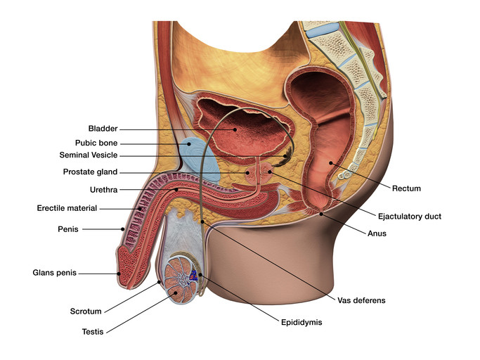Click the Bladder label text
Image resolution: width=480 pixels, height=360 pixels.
point(103,129)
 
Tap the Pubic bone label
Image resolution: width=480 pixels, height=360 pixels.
point(96,143)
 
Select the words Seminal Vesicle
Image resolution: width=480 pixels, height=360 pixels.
point(89,155)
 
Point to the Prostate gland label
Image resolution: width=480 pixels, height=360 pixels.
point(90,172)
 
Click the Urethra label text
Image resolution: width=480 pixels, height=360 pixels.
point(104,190)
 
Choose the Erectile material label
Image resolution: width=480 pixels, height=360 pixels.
point(67,208)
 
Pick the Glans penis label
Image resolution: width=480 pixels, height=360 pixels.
point(55,273)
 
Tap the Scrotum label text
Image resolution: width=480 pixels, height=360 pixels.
point(86,311)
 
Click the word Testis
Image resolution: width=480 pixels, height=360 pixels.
point(93,332)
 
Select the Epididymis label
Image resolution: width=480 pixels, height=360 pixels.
point(301,323)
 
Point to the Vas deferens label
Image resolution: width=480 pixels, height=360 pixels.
point(361,300)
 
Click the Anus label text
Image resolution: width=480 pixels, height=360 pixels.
point(377,233)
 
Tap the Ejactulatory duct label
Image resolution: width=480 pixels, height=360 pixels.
point(410,217)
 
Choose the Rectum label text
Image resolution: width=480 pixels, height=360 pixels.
point(406,188)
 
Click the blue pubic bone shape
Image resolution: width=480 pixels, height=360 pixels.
point(199,160)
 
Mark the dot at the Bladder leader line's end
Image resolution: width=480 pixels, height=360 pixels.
point(235,129)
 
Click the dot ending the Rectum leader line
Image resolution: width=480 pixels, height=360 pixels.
point(331,162)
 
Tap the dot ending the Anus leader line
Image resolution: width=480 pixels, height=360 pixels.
point(321,214)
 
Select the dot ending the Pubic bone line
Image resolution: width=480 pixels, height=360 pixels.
point(189,143)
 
